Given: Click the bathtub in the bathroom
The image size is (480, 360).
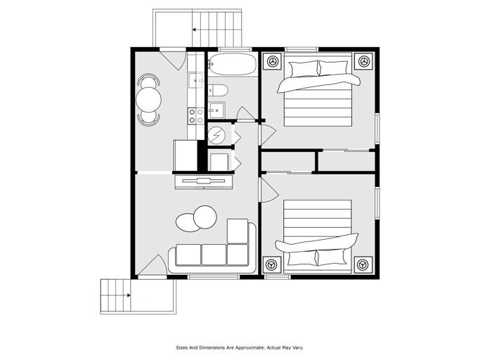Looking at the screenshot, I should (x=232, y=65).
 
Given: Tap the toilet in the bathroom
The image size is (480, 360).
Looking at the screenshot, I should (x=219, y=90).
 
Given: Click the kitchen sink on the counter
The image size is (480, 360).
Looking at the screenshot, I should (x=195, y=80).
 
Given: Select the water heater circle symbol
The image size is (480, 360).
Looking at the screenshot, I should (x=219, y=134).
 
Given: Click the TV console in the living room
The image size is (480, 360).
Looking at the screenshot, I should (x=204, y=182).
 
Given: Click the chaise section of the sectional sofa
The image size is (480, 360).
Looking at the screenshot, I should (x=238, y=231).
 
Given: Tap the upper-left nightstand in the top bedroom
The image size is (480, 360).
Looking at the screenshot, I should (x=272, y=62).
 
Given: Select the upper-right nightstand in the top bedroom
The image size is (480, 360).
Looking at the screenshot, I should (x=363, y=62).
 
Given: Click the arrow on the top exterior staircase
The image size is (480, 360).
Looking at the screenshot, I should (x=195, y=30).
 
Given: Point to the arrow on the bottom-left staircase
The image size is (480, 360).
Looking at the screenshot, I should (x=128, y=296).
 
